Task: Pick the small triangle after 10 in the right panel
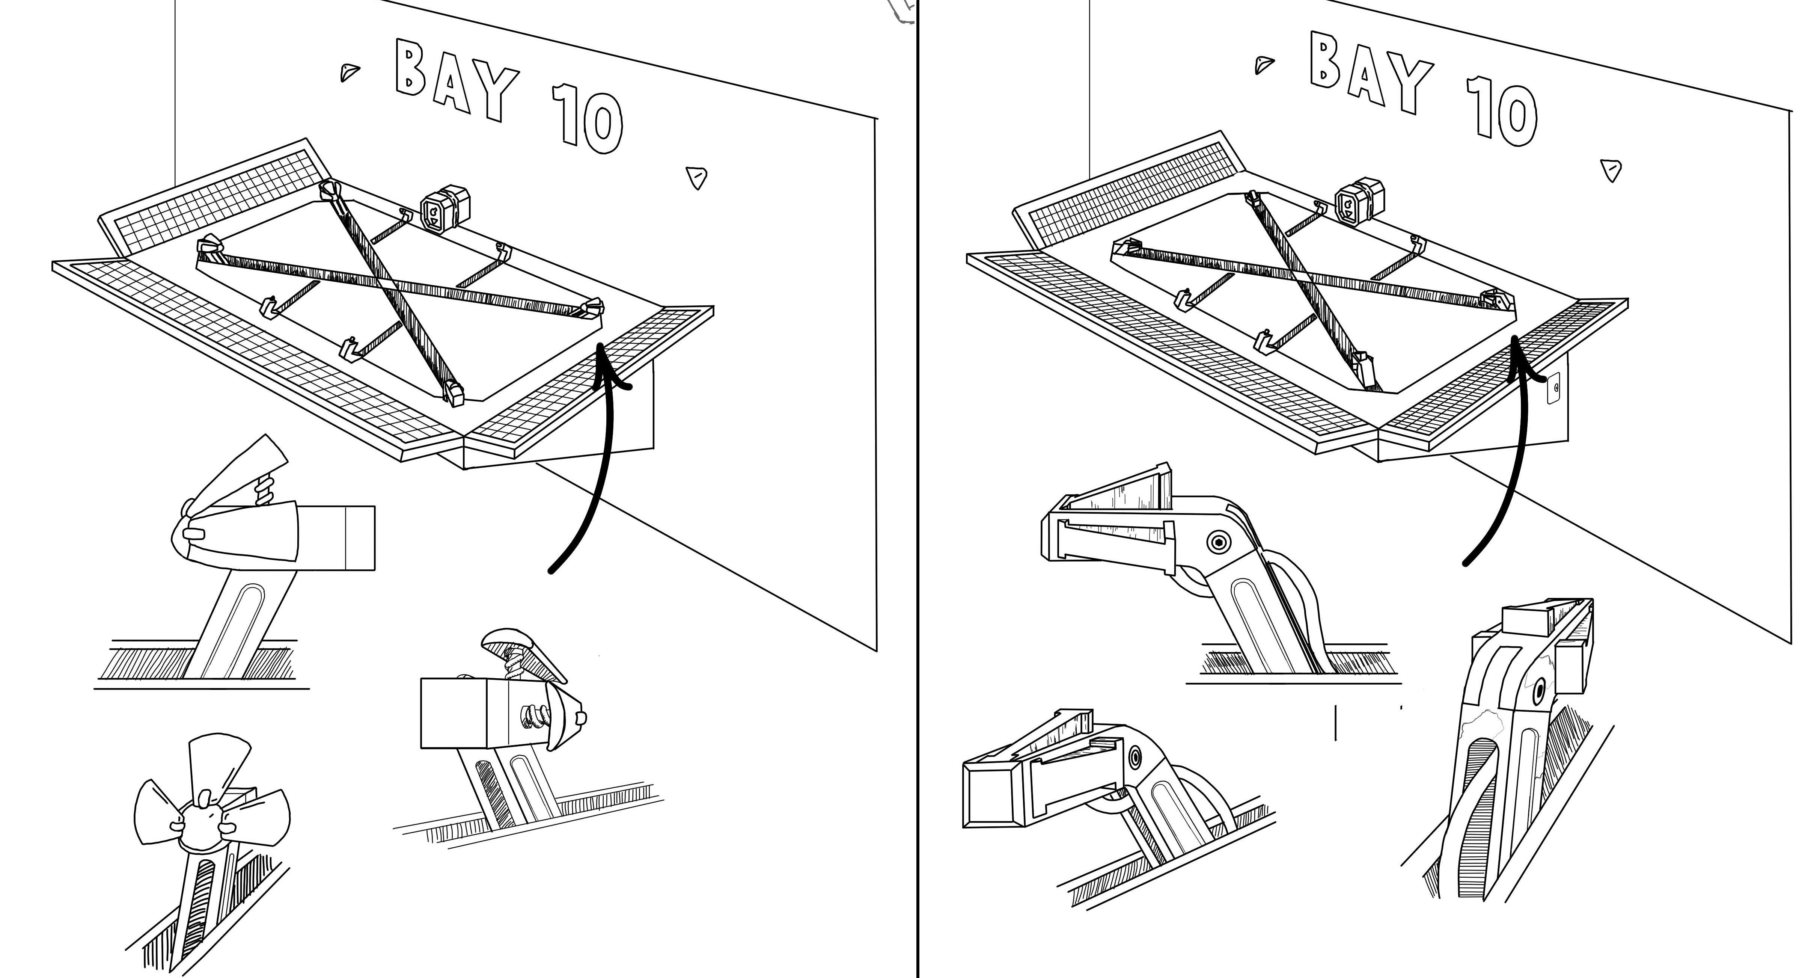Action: pyautogui.click(x=1611, y=170)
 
